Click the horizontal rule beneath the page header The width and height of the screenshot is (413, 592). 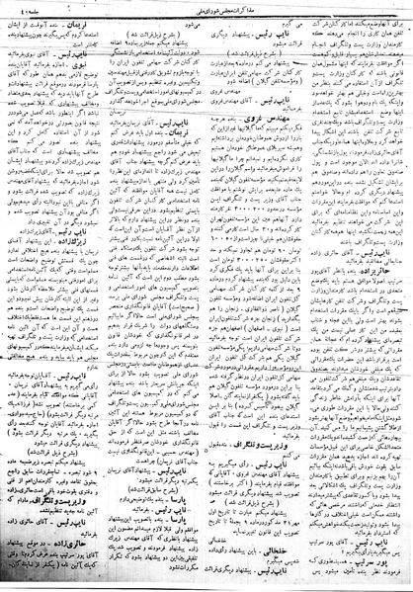pyautogui.click(x=206, y=13)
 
